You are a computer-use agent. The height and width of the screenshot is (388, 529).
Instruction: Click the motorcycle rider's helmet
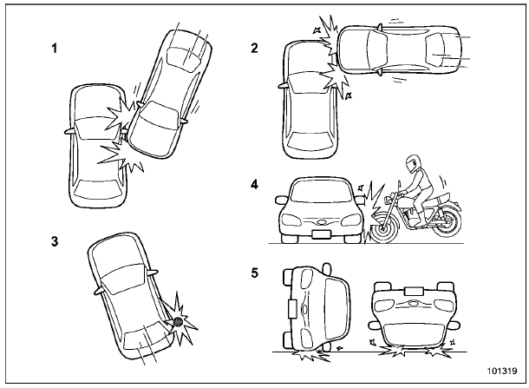coord(410,165)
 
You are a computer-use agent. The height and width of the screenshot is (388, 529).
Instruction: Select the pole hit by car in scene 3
coord(178,323)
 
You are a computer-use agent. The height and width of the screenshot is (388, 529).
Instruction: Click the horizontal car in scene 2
coord(399,54)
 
